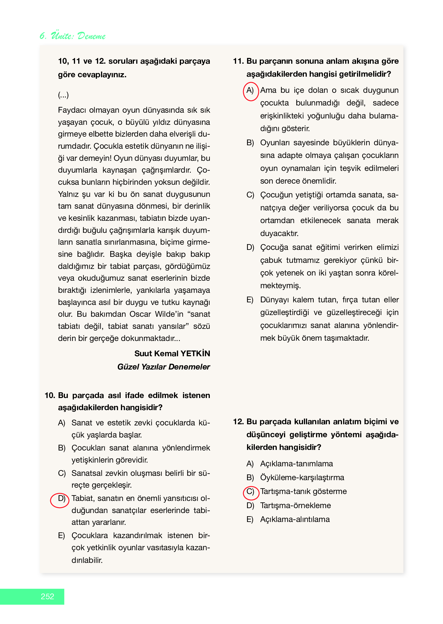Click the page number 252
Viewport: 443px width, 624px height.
tap(47, 596)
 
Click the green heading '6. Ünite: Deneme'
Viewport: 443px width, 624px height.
tap(72, 36)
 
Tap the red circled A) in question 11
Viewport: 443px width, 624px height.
tap(250, 91)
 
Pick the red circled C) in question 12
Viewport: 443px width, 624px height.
tap(250, 492)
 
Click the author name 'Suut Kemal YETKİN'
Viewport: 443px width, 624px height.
tap(172, 353)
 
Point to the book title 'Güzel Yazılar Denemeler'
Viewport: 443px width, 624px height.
tap(163, 367)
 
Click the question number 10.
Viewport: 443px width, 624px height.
tap(50, 395)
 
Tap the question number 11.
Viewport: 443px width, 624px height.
tap(238, 61)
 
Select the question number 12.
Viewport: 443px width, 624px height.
tap(238, 421)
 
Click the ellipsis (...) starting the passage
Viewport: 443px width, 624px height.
tap(63, 95)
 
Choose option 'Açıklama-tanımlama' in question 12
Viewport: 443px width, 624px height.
tap(296, 463)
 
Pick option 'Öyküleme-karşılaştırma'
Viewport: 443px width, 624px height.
tap(302, 477)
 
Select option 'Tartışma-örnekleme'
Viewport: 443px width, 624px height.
tap(295, 505)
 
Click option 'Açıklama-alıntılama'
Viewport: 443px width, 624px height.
tap(295, 519)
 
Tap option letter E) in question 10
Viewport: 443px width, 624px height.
tap(61, 536)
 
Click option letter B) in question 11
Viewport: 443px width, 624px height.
tap(250, 143)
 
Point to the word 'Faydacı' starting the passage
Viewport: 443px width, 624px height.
tap(72, 110)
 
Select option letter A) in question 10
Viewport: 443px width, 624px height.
tap(61, 423)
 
